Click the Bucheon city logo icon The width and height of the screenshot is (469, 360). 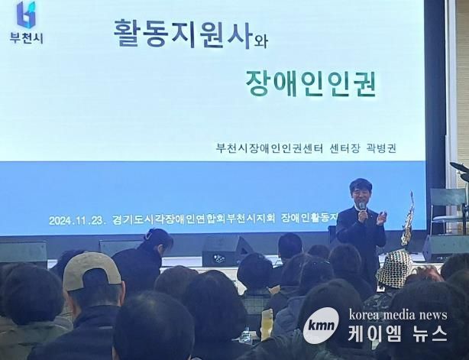click(26, 15)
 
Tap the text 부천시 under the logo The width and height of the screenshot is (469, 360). click(26, 38)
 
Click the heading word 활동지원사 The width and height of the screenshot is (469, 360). click(182, 34)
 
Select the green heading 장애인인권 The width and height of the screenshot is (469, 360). click(310, 83)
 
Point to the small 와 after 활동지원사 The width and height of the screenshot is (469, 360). click(260, 42)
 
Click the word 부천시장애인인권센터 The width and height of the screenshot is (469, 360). click(270, 148)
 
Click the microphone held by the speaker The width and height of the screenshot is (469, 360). click(362, 207)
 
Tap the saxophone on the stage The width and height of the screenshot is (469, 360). click(408, 218)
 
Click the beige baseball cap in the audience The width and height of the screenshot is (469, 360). click(90, 271)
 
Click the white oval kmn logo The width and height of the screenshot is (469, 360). click(321, 326)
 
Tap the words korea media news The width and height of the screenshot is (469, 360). click(398, 315)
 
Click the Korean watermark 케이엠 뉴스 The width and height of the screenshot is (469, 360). click(398, 333)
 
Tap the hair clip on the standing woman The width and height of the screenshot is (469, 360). click(147, 235)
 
